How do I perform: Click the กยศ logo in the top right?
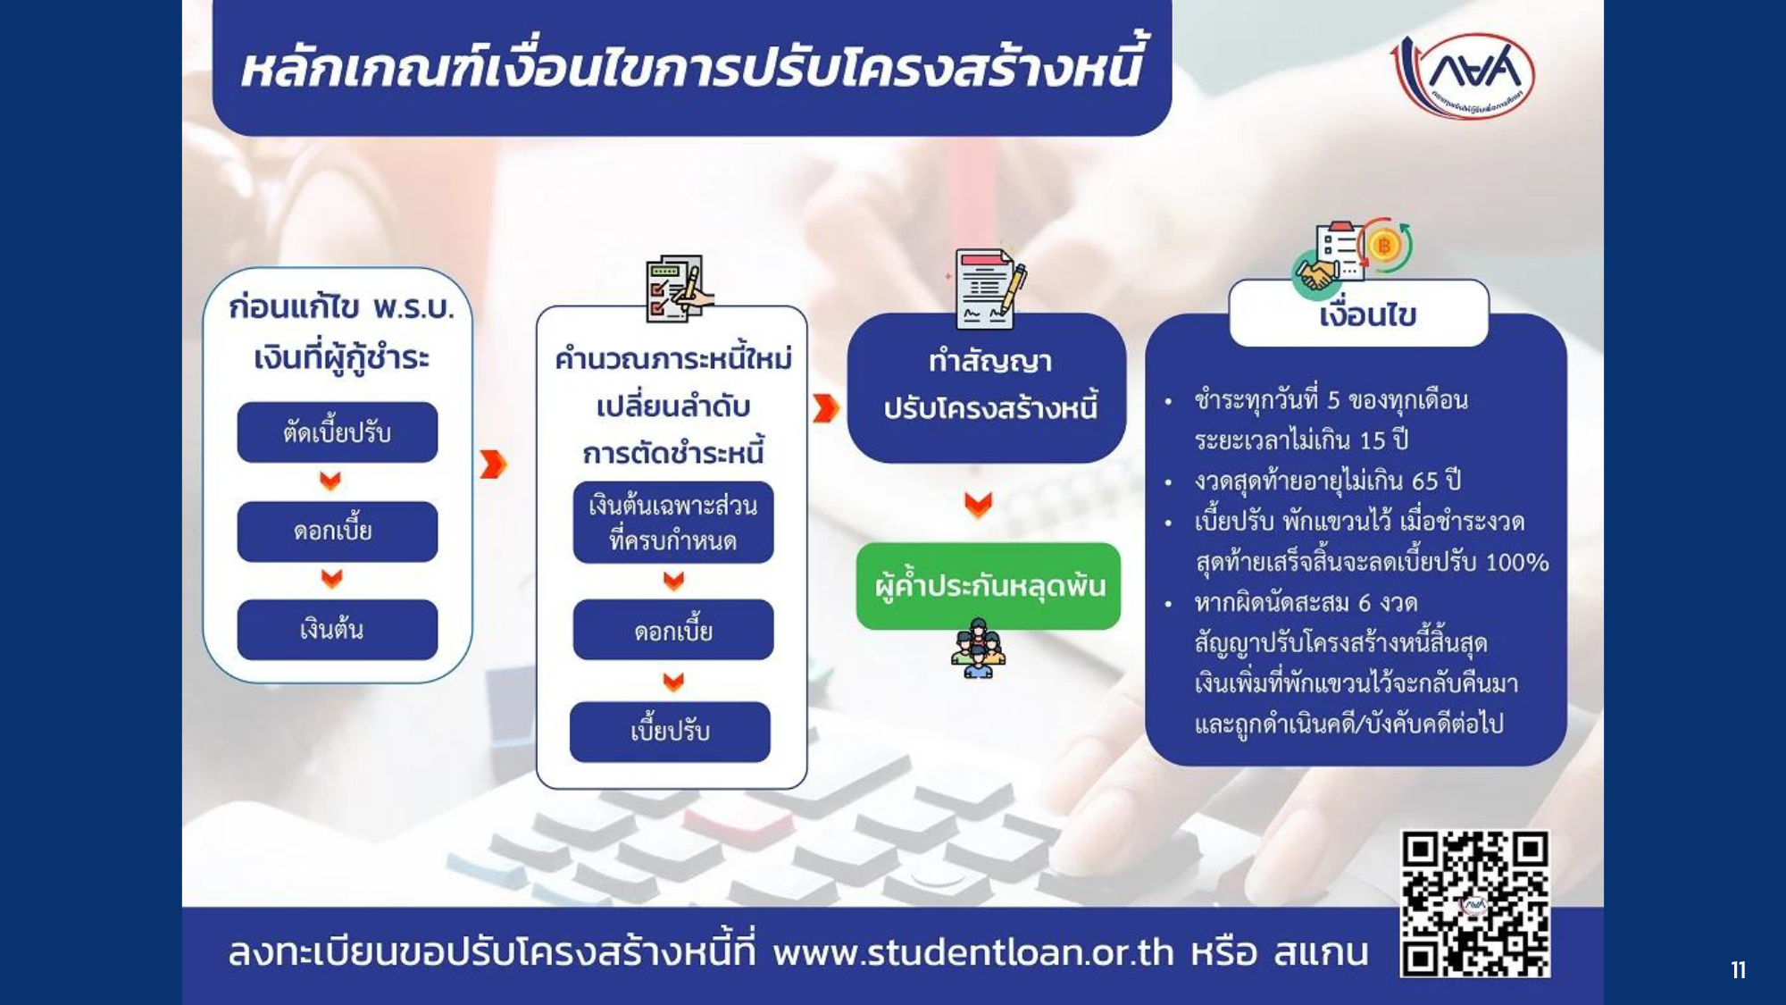(1463, 76)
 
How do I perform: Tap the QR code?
(1474, 903)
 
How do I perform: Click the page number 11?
(1738, 970)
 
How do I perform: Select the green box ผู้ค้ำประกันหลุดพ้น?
(988, 586)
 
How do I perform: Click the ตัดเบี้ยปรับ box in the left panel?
(338, 432)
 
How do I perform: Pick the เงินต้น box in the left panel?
(338, 630)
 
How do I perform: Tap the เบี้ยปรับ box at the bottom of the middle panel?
(670, 732)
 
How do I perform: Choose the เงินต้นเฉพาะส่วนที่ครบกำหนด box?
(673, 523)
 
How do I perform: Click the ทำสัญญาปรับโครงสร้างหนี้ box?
(987, 387)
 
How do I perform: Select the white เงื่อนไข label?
(1359, 314)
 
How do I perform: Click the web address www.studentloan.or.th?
(973, 952)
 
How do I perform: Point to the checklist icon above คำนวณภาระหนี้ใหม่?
(679, 289)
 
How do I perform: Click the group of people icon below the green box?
(978, 649)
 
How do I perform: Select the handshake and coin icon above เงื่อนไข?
(1352, 257)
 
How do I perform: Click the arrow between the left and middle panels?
(493, 464)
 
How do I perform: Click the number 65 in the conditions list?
(1425, 482)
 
